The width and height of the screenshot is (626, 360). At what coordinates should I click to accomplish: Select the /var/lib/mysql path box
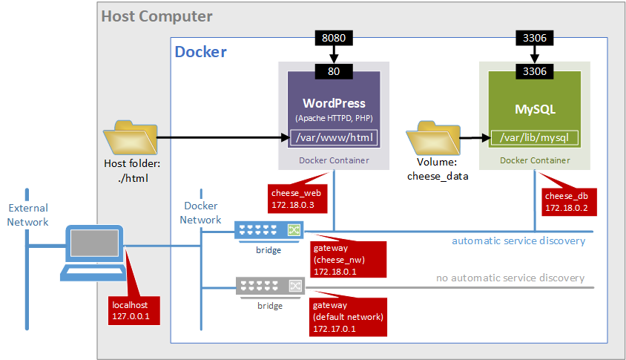(535, 137)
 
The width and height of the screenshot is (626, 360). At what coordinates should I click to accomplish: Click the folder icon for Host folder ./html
(131, 138)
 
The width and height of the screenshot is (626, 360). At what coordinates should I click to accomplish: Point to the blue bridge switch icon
(268, 231)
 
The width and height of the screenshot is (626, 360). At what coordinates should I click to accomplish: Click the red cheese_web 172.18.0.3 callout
(294, 197)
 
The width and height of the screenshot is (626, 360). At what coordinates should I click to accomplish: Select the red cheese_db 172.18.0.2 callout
(567, 201)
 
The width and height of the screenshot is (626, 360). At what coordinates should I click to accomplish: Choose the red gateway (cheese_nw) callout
(340, 260)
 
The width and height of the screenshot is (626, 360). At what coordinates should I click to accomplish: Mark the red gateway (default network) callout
(348, 316)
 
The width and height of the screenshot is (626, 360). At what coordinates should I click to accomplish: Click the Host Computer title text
(156, 16)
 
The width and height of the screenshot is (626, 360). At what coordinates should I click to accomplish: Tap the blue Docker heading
(200, 52)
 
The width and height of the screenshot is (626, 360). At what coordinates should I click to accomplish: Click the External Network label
(27, 215)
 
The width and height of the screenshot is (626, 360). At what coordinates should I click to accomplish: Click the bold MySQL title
(535, 109)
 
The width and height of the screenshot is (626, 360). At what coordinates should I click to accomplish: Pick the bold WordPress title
(334, 103)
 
